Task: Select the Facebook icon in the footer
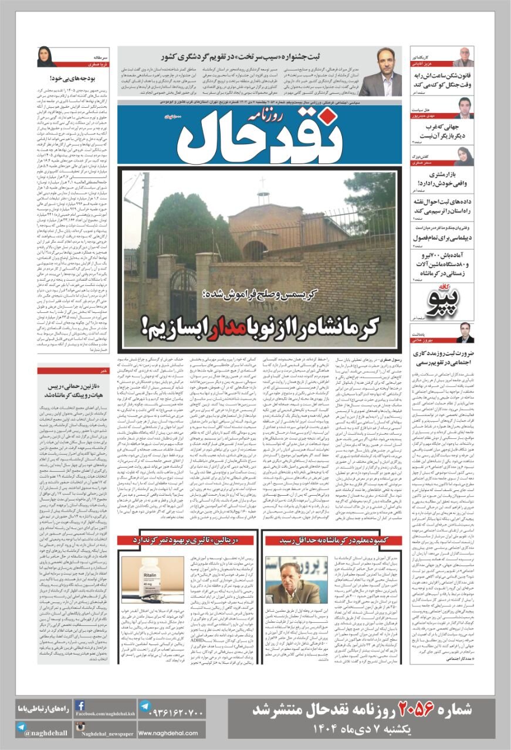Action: pyautogui.click(x=80, y=706)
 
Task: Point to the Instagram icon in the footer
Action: pyautogui.click(x=80, y=727)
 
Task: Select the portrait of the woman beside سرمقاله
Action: pyautogui.click(x=46, y=56)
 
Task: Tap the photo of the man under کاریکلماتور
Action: pyautogui.click(x=463, y=57)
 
